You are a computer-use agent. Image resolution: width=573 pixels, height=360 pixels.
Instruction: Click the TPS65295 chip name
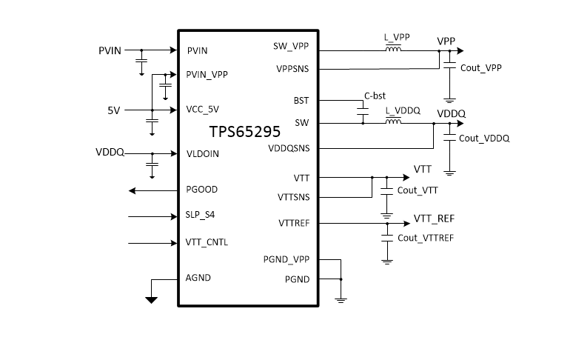click(244, 133)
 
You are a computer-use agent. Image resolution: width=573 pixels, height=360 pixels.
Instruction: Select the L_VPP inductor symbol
click(392, 50)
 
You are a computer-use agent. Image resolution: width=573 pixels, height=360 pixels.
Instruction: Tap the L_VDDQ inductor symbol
click(392, 122)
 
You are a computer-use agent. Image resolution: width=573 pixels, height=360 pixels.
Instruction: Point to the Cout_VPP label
click(481, 67)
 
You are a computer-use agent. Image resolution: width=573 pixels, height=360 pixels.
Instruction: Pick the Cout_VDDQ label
click(484, 139)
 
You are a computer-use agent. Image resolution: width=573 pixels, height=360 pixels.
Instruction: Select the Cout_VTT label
click(418, 190)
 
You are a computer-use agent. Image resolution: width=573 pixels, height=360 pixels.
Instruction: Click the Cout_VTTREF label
click(426, 238)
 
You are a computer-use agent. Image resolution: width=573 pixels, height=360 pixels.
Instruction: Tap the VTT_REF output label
click(433, 219)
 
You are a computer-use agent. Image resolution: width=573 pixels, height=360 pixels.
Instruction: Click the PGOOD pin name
click(202, 190)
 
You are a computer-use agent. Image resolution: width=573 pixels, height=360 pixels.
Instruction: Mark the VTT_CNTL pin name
click(207, 242)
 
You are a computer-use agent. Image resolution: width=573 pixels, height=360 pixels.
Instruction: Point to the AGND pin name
click(199, 279)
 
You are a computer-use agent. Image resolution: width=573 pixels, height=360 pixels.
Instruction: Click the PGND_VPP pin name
click(286, 260)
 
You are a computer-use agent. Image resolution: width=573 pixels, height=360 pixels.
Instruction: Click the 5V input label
click(113, 110)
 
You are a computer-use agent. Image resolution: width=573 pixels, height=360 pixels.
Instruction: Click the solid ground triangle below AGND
click(151, 300)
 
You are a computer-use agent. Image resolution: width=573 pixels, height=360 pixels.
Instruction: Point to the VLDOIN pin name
click(203, 154)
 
